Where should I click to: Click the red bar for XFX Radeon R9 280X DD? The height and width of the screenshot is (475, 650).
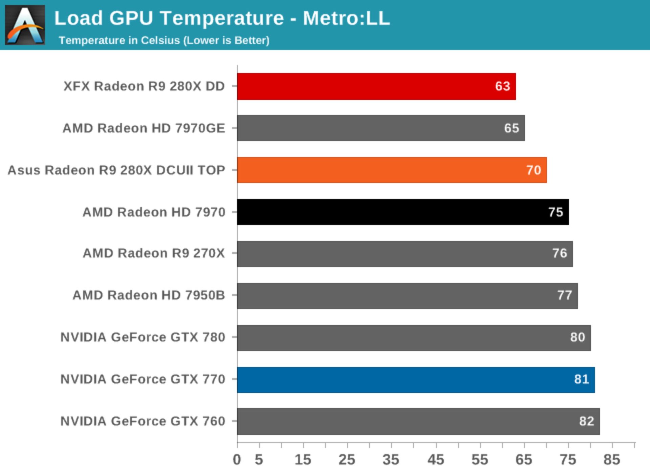click(376, 86)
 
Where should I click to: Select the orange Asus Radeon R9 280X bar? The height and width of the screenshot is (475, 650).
click(391, 170)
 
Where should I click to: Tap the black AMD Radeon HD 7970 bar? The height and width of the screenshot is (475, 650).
click(403, 212)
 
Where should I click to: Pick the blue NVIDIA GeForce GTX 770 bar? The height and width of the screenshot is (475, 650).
click(415, 380)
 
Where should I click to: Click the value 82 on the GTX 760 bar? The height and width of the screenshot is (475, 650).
click(586, 421)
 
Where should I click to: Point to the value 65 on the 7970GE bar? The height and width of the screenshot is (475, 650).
click(511, 128)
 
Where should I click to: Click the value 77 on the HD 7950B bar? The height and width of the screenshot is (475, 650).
click(564, 295)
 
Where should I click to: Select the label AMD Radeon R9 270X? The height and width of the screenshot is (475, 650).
click(154, 253)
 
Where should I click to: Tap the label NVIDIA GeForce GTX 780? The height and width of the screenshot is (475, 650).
click(143, 337)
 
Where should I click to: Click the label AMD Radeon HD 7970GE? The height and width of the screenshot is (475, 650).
click(144, 128)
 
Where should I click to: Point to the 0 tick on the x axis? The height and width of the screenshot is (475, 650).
click(237, 460)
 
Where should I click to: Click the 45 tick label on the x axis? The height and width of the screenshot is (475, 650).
click(436, 460)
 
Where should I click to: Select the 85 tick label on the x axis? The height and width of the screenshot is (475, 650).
click(612, 460)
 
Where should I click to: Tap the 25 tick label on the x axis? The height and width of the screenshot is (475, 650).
click(347, 460)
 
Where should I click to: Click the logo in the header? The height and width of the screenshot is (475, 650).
click(25, 25)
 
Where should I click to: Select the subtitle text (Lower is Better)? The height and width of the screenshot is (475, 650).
click(226, 40)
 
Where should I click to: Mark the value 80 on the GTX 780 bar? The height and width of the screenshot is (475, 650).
click(577, 337)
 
